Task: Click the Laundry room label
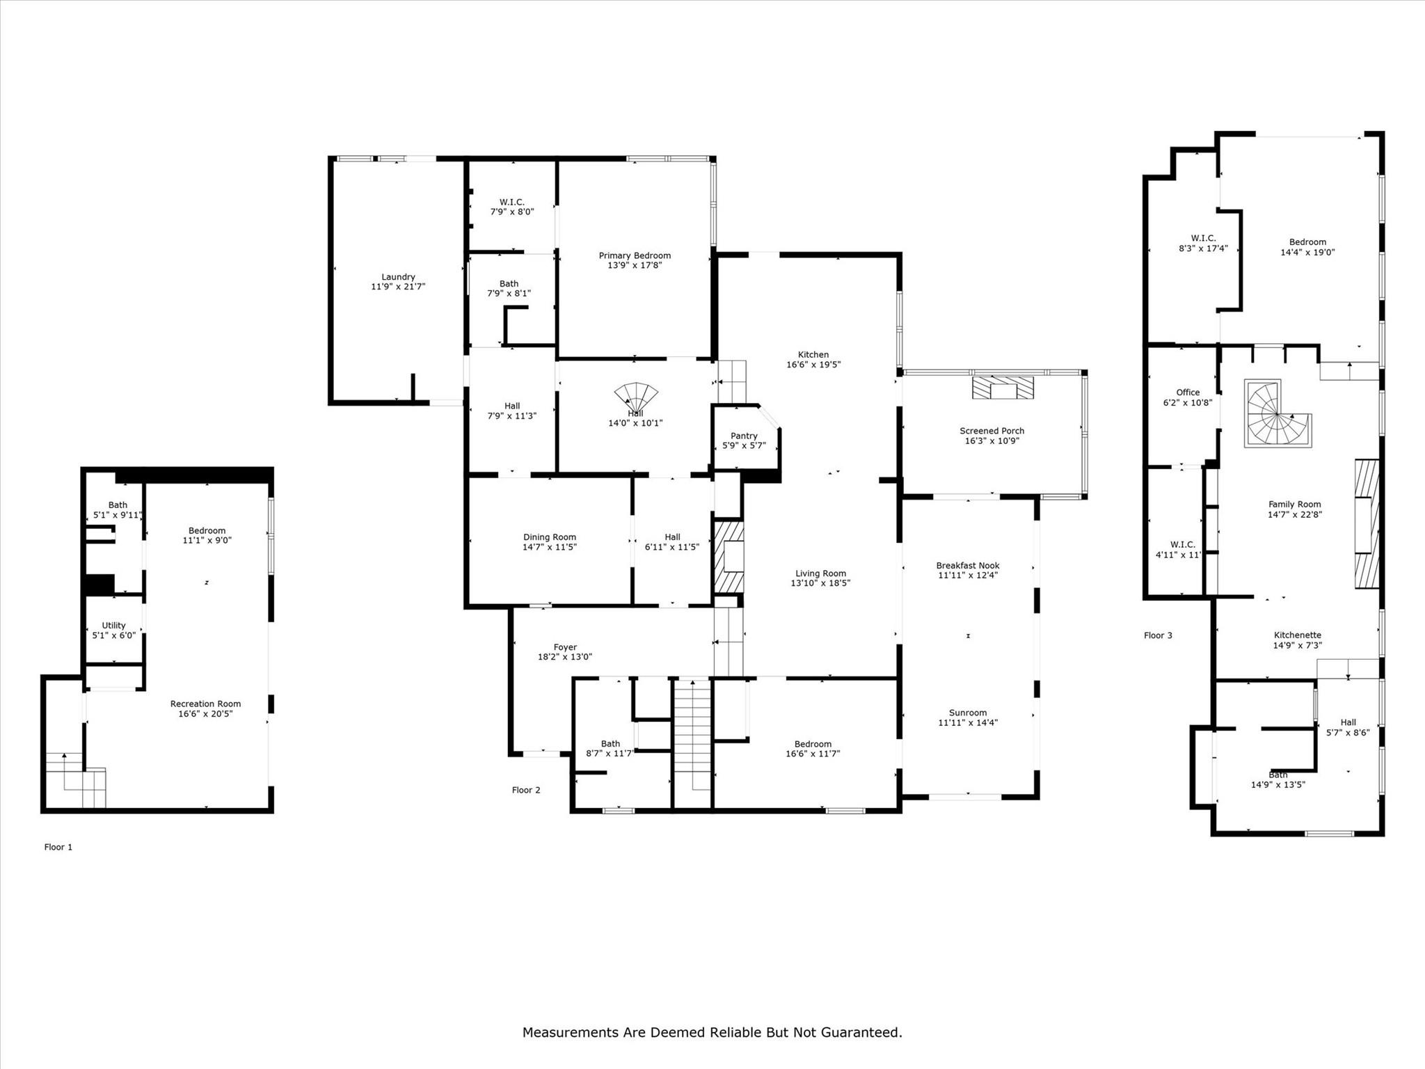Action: [398, 277]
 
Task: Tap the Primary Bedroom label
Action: [635, 255]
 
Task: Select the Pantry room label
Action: [744, 436]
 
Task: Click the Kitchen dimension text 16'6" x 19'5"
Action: [813, 364]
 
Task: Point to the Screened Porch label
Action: [992, 431]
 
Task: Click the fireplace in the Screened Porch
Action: [1003, 387]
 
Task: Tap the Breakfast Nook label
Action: [968, 566]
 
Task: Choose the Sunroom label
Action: [968, 713]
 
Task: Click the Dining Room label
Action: [550, 537]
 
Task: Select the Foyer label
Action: [565, 647]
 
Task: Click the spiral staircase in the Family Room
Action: [1277, 413]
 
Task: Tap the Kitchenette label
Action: [1298, 635]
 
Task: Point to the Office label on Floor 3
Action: [1188, 393]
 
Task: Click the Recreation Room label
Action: [205, 704]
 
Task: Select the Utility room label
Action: [113, 626]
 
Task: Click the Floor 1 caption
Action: [58, 847]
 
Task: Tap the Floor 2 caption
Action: [526, 790]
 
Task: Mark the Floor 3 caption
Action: [1158, 635]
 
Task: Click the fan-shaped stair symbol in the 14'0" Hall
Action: [635, 396]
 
